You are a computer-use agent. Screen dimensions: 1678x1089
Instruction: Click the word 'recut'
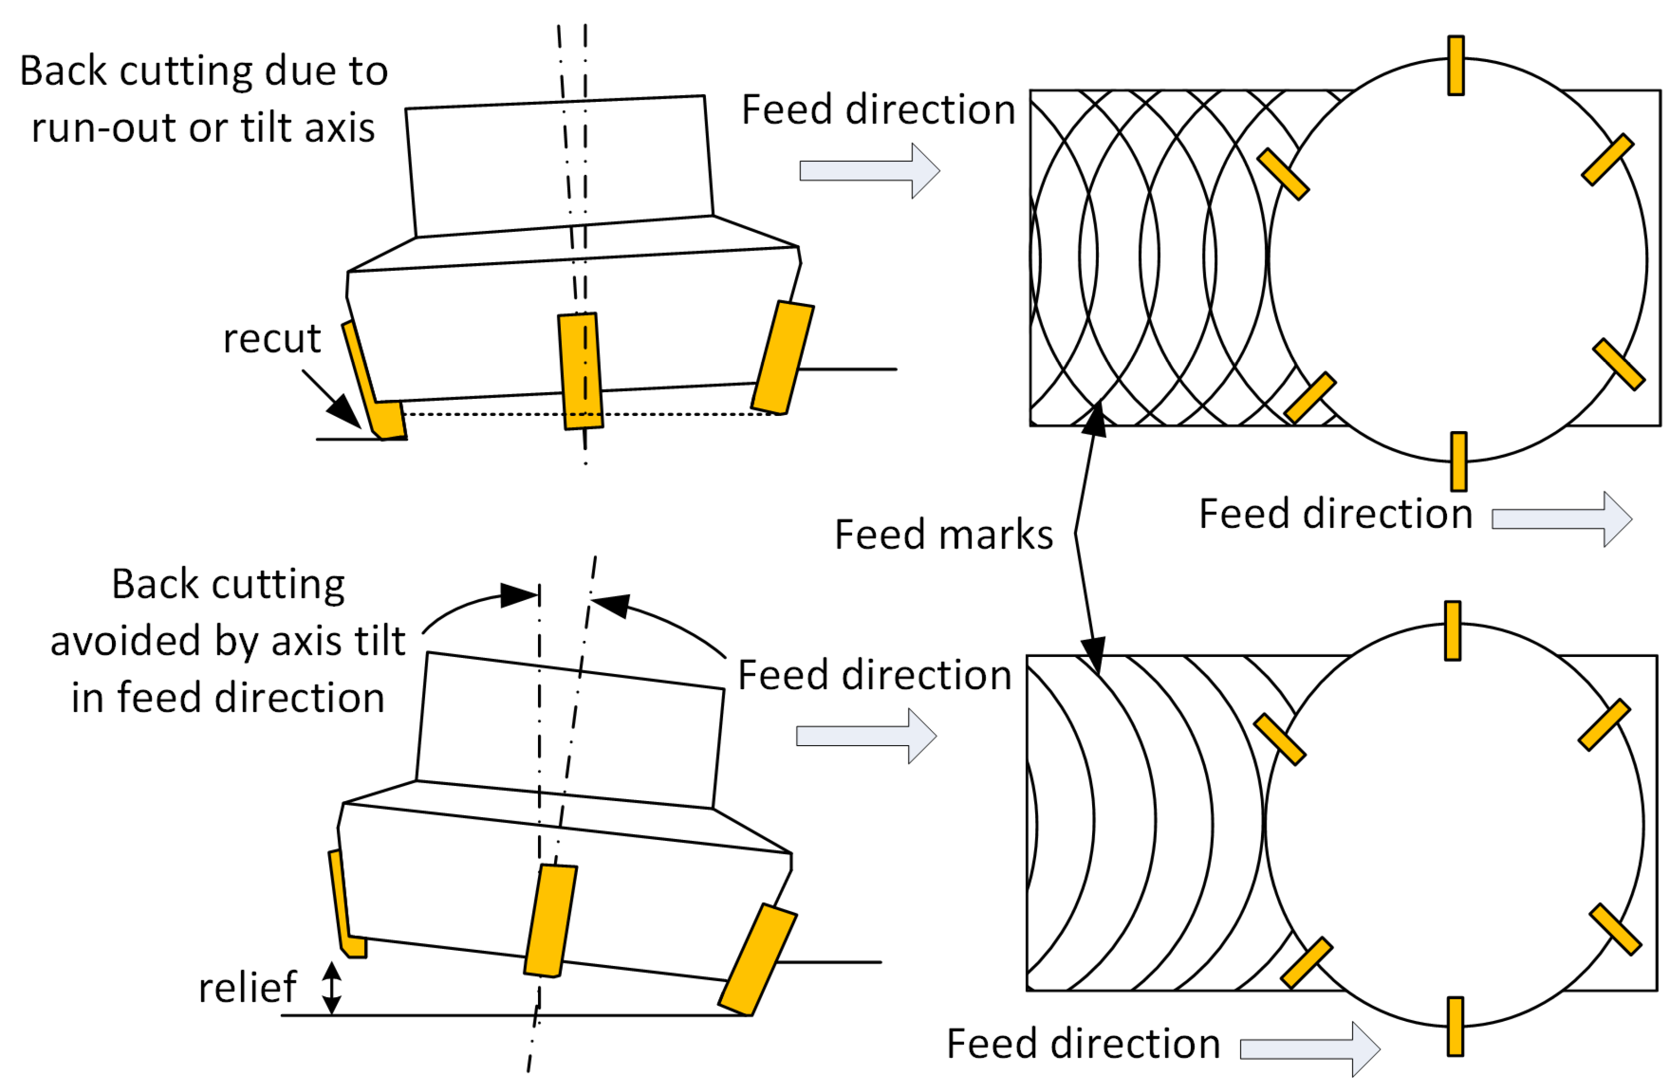coord(272,338)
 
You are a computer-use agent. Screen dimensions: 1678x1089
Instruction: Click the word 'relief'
coord(248,988)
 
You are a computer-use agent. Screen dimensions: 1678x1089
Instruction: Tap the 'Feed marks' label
coord(943,534)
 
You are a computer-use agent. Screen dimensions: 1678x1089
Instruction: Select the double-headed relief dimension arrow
coord(331,988)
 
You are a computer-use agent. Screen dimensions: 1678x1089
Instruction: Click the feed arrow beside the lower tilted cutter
coord(867,737)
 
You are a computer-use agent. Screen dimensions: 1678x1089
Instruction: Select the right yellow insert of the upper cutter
coord(783,358)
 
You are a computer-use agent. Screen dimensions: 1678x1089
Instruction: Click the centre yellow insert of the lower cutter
coord(550,921)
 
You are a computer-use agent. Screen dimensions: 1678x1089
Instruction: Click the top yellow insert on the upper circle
coord(1456,66)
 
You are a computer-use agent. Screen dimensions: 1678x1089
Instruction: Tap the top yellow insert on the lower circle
coord(1453,631)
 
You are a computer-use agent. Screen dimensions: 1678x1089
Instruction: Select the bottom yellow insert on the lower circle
coord(1455,1027)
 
